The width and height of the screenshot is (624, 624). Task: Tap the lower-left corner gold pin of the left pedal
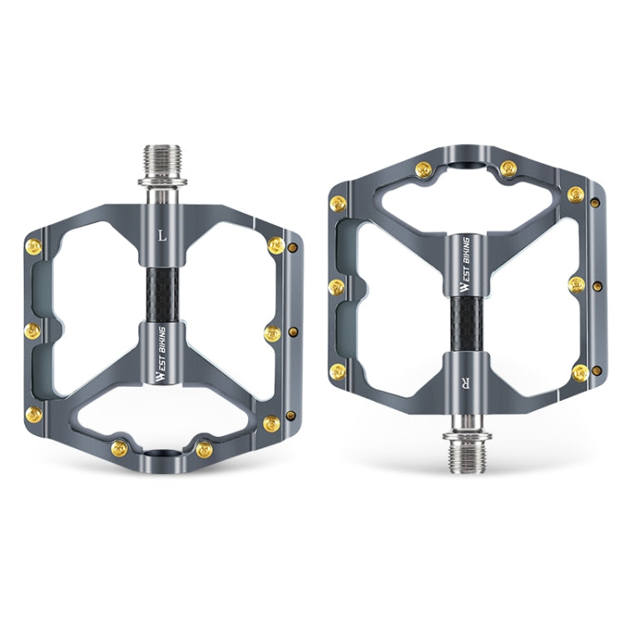point(34,414)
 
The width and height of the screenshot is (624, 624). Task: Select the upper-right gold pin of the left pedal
point(275,245)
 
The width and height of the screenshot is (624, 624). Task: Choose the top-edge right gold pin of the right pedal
point(508,169)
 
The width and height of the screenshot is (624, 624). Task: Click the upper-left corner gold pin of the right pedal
point(338,203)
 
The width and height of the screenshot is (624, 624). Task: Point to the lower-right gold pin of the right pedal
point(580,372)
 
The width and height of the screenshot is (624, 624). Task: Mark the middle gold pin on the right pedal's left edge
point(336,287)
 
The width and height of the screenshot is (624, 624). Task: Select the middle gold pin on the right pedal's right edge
point(577,285)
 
